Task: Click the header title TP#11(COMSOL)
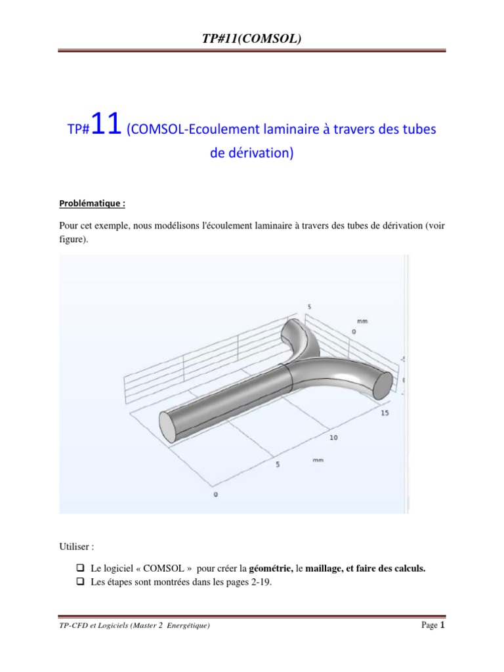coord(251,39)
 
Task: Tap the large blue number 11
coord(106,124)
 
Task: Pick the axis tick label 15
coord(385,413)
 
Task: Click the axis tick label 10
coord(333,438)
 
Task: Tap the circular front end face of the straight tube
coord(168,427)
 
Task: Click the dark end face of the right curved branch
coord(383,386)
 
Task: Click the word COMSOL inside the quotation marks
coord(163,568)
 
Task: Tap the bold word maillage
coord(323,569)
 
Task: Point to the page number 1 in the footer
coord(442,625)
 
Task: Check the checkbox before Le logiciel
coord(80,568)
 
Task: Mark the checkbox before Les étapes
coord(80,581)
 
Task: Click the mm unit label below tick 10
coord(318,460)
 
